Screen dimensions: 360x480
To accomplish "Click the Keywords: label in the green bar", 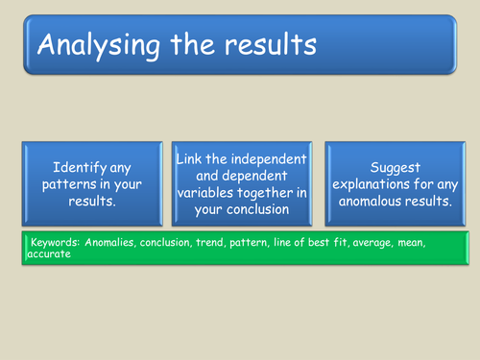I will [x=57, y=243].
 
